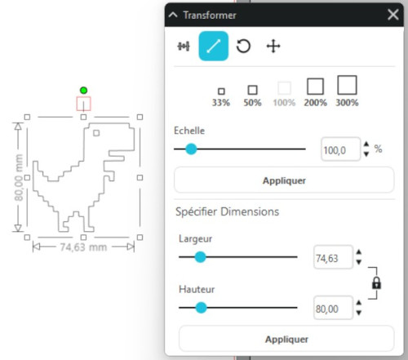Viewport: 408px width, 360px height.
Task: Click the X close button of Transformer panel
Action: (x=393, y=15)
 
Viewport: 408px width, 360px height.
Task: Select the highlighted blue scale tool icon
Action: (x=214, y=46)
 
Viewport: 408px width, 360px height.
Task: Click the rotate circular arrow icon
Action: (x=243, y=46)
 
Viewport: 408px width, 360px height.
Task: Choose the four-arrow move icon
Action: (x=273, y=46)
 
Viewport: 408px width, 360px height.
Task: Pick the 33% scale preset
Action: (x=221, y=97)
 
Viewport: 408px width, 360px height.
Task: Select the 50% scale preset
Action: (x=252, y=96)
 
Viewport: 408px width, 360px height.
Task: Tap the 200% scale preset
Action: (x=316, y=92)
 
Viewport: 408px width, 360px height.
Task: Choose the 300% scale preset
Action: (x=347, y=91)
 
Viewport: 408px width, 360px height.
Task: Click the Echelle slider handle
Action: (x=191, y=149)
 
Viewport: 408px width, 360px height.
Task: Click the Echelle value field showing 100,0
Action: (x=340, y=149)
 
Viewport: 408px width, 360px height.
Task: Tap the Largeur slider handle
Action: (x=201, y=257)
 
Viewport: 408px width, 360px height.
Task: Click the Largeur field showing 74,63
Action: (x=333, y=258)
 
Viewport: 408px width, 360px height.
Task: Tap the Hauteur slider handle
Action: (x=201, y=308)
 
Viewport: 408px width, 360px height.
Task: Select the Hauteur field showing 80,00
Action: (x=333, y=309)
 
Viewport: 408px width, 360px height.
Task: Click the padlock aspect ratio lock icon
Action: (x=376, y=283)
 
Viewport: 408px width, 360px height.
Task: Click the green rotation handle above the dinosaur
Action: (x=83, y=91)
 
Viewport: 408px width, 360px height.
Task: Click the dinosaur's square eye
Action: (x=96, y=133)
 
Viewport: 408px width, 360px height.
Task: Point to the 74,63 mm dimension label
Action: (x=83, y=247)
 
